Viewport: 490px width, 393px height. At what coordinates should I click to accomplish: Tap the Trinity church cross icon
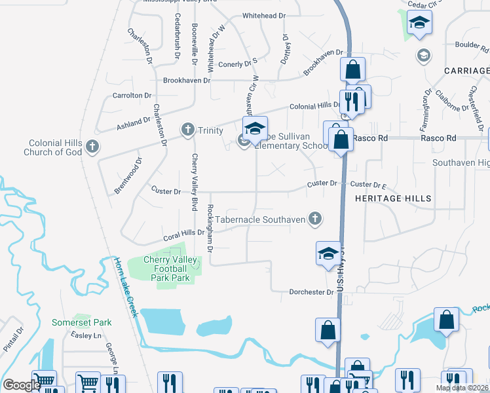(x=188, y=129)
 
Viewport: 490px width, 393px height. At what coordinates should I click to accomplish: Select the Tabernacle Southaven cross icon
(x=315, y=219)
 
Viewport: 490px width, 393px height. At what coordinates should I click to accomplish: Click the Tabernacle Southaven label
(x=260, y=220)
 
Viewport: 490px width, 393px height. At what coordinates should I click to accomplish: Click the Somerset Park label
(x=82, y=322)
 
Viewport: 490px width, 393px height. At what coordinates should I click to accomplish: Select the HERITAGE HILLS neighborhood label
(x=393, y=198)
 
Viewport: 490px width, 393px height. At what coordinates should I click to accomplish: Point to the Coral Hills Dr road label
(x=183, y=234)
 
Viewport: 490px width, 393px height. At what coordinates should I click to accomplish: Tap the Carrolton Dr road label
(x=132, y=96)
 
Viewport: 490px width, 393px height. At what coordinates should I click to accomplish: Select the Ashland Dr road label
(x=134, y=122)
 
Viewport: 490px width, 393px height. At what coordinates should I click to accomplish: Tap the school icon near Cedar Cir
(x=418, y=25)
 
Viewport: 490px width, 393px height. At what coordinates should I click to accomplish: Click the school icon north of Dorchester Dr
(x=328, y=253)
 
